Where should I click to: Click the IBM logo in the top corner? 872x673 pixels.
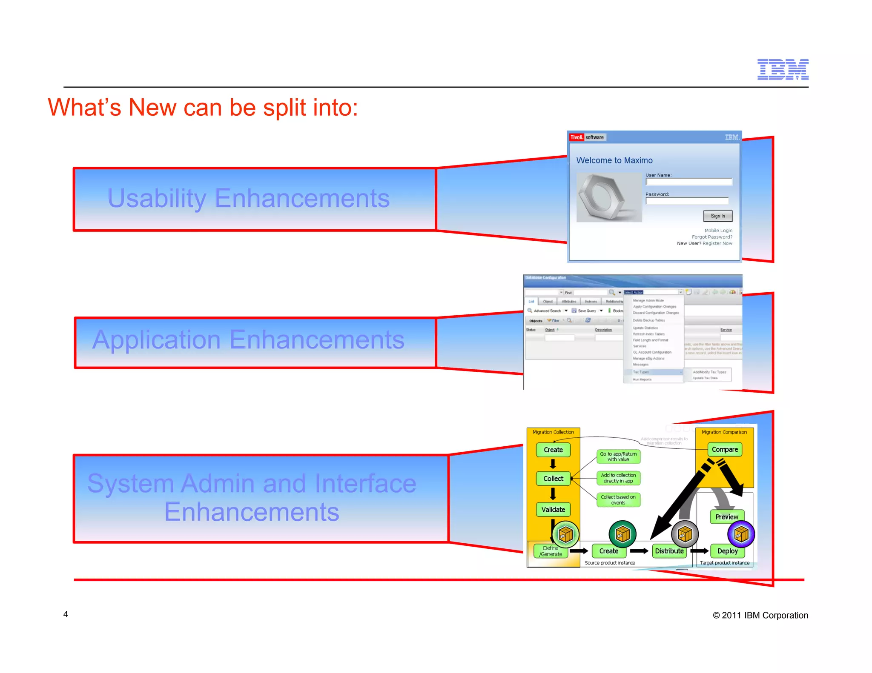(783, 69)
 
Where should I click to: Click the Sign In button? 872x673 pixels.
(717, 216)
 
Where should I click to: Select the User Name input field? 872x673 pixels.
(688, 182)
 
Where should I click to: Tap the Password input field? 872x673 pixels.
(687, 201)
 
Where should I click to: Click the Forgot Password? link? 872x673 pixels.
(712, 237)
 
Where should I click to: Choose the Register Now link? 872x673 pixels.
(717, 243)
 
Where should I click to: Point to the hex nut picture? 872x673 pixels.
(609, 197)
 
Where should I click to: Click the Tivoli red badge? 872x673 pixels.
(577, 137)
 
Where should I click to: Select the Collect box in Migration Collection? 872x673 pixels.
(553, 479)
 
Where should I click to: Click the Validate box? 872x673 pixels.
(553, 510)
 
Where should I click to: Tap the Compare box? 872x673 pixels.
(725, 450)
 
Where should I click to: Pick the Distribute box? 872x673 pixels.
(669, 551)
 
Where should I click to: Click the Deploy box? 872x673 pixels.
(727, 551)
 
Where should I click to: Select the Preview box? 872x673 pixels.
(726, 517)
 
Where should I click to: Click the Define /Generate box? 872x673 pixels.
(551, 551)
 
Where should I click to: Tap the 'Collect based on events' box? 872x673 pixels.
(618, 500)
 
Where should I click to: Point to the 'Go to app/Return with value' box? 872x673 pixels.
(618, 456)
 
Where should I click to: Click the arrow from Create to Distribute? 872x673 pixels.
(639, 551)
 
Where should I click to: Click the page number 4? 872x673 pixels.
(66, 614)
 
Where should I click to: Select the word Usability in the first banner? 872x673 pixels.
(157, 198)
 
